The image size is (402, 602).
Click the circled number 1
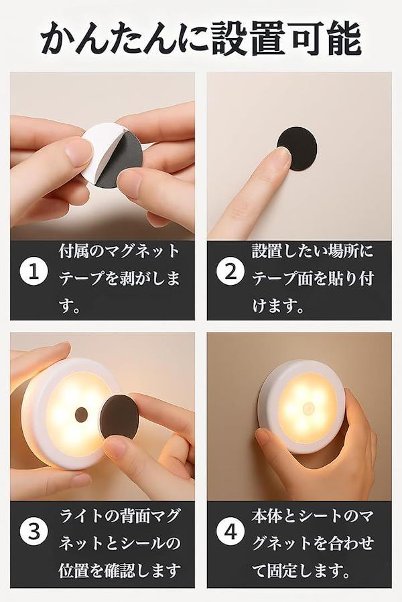34,272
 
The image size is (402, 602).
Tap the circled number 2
230,272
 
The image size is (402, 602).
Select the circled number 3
34,532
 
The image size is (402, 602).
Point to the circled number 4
230,532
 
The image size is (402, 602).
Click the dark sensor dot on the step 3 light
81,414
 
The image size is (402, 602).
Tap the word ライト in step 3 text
82,516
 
